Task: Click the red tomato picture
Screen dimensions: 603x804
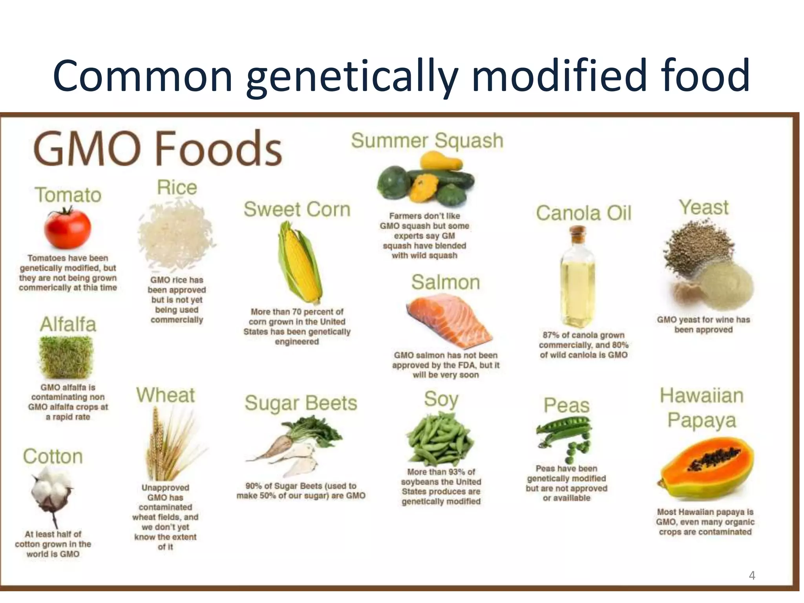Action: click(68, 229)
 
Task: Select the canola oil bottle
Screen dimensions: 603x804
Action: click(577, 279)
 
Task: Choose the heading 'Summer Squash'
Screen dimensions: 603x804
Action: click(427, 141)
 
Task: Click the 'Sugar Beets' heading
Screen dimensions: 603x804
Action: click(301, 403)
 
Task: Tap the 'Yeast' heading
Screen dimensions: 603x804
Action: click(704, 207)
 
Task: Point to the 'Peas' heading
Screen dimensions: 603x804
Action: click(566, 405)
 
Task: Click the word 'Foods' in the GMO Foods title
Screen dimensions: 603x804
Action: click(218, 149)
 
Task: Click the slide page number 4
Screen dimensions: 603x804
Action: click(752, 576)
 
